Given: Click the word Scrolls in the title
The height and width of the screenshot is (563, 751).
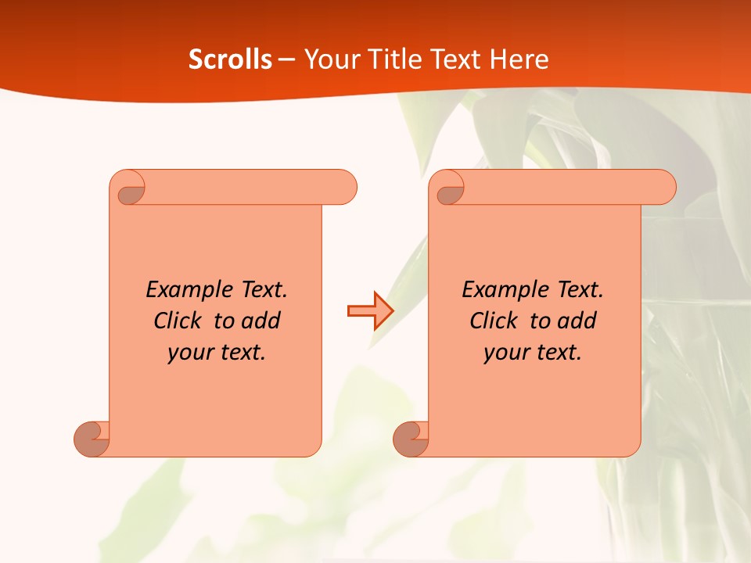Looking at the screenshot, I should tap(231, 59).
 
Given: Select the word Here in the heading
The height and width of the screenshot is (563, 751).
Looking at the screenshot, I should tap(519, 59).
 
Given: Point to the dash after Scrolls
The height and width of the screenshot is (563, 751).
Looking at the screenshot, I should tap(287, 60).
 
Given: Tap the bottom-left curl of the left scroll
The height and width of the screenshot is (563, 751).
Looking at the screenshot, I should tap(92, 439).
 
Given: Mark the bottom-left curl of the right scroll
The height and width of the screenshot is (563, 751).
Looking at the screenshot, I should tap(411, 439).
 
